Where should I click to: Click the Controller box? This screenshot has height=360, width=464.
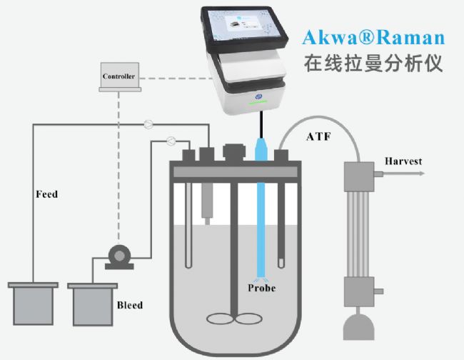click(118, 76)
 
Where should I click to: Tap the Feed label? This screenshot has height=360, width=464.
click(47, 194)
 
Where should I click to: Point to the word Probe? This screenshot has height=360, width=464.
click(261, 289)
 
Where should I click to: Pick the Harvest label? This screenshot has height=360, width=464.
click(405, 159)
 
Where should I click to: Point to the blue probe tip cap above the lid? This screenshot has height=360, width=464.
click(261, 147)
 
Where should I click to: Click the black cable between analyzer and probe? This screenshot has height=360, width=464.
click(261, 123)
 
